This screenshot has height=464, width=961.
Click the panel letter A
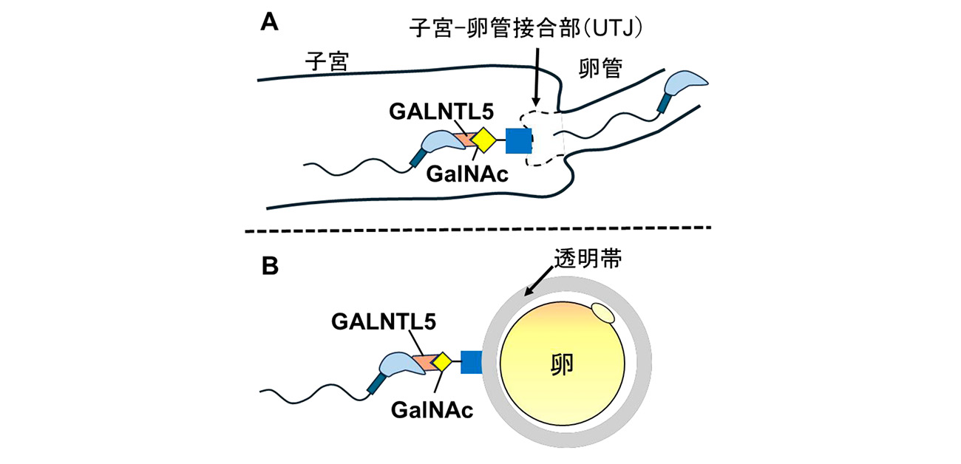coord(270,23)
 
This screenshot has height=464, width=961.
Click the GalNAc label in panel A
coord(462,174)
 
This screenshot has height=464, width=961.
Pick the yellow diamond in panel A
coord(483,140)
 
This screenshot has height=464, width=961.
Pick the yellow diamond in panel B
coord(442,361)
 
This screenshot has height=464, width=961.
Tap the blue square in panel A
coord(518,140)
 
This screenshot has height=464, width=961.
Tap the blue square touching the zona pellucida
coord(472,362)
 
